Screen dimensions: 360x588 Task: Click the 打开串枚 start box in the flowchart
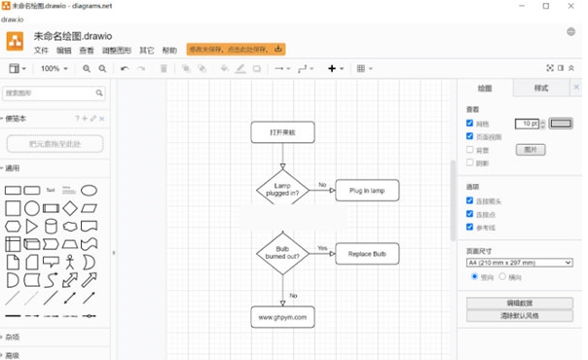coord(282,132)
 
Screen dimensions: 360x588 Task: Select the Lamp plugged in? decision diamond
coord(282,190)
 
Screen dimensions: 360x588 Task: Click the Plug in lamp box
coord(367,190)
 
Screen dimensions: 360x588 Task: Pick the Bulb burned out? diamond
coord(282,254)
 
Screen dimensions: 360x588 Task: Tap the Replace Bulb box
coord(367,254)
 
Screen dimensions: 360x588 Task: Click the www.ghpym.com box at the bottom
coord(282,316)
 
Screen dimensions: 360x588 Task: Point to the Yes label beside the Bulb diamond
coord(322,248)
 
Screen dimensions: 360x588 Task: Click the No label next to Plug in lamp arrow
coord(322,184)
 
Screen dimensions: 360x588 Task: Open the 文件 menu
coord(41,50)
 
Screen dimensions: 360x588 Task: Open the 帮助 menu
coord(169,50)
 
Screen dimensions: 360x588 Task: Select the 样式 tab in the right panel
coord(541,89)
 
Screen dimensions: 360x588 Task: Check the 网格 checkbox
coord(470,124)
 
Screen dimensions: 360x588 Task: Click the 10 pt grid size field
coord(526,124)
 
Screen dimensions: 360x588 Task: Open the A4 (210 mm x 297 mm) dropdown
coord(518,263)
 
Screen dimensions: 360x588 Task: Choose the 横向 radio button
coord(502,276)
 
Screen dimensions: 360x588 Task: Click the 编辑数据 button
coord(519,304)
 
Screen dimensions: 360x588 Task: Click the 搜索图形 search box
coord(54,93)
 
